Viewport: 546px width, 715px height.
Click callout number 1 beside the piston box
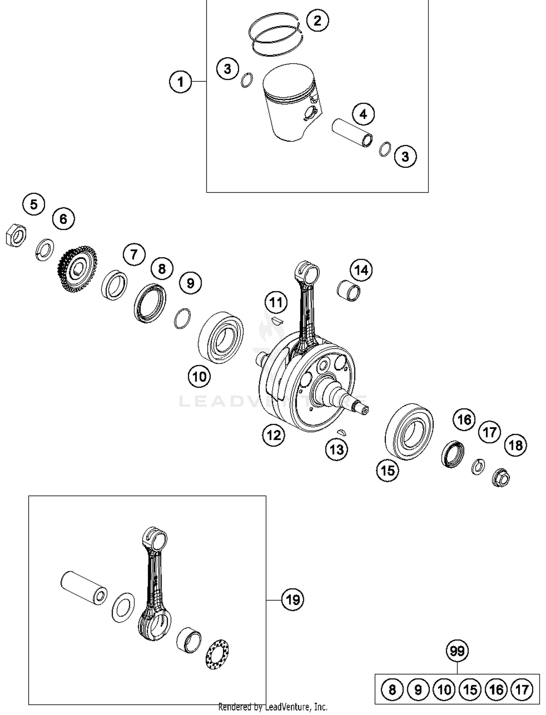(181, 81)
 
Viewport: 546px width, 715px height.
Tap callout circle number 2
(317, 20)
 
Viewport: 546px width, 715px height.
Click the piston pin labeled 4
(352, 133)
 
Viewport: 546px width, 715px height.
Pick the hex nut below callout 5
(16, 235)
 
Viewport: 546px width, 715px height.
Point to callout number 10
(199, 376)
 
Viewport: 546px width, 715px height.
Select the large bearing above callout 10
(221, 337)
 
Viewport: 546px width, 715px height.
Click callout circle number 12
(273, 435)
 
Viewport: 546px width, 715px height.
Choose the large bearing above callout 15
(409, 431)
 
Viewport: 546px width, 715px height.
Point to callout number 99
(457, 650)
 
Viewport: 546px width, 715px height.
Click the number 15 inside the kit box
(470, 689)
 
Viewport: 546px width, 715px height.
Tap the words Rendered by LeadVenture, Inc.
(273, 707)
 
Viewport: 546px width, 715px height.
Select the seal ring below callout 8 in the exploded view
(150, 303)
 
